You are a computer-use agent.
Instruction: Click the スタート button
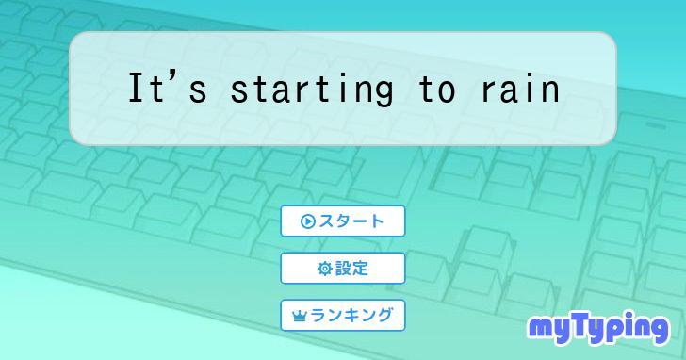343,221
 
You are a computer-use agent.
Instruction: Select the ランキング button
343,316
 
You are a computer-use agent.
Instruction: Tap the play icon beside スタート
307,221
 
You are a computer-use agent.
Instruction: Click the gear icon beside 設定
324,269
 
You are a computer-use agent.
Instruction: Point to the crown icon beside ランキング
300,317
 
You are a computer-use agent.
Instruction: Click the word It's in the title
167,90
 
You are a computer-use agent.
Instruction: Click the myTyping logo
597,327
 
